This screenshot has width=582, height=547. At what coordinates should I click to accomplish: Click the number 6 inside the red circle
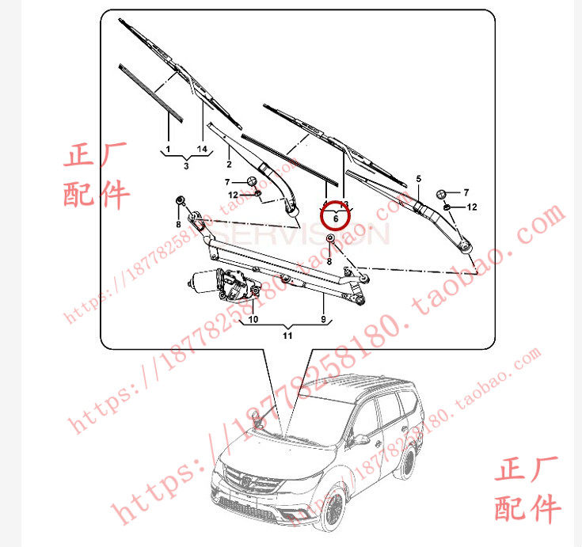[x=335, y=218]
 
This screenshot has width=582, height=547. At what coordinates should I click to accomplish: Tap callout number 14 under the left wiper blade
[x=201, y=149]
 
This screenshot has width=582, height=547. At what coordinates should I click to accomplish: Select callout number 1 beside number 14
[x=168, y=149]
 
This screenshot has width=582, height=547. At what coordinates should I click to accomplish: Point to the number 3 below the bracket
[x=185, y=166]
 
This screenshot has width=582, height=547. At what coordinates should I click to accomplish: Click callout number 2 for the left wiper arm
[x=229, y=164]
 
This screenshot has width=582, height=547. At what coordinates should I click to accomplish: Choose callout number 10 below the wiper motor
[x=253, y=320]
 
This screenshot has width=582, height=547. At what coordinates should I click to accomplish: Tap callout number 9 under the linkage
[x=323, y=319]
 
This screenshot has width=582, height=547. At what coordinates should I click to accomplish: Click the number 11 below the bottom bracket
[x=287, y=336]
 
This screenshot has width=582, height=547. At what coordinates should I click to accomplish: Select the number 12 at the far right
[x=472, y=207]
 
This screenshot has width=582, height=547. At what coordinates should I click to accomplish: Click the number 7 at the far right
[x=466, y=192]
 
